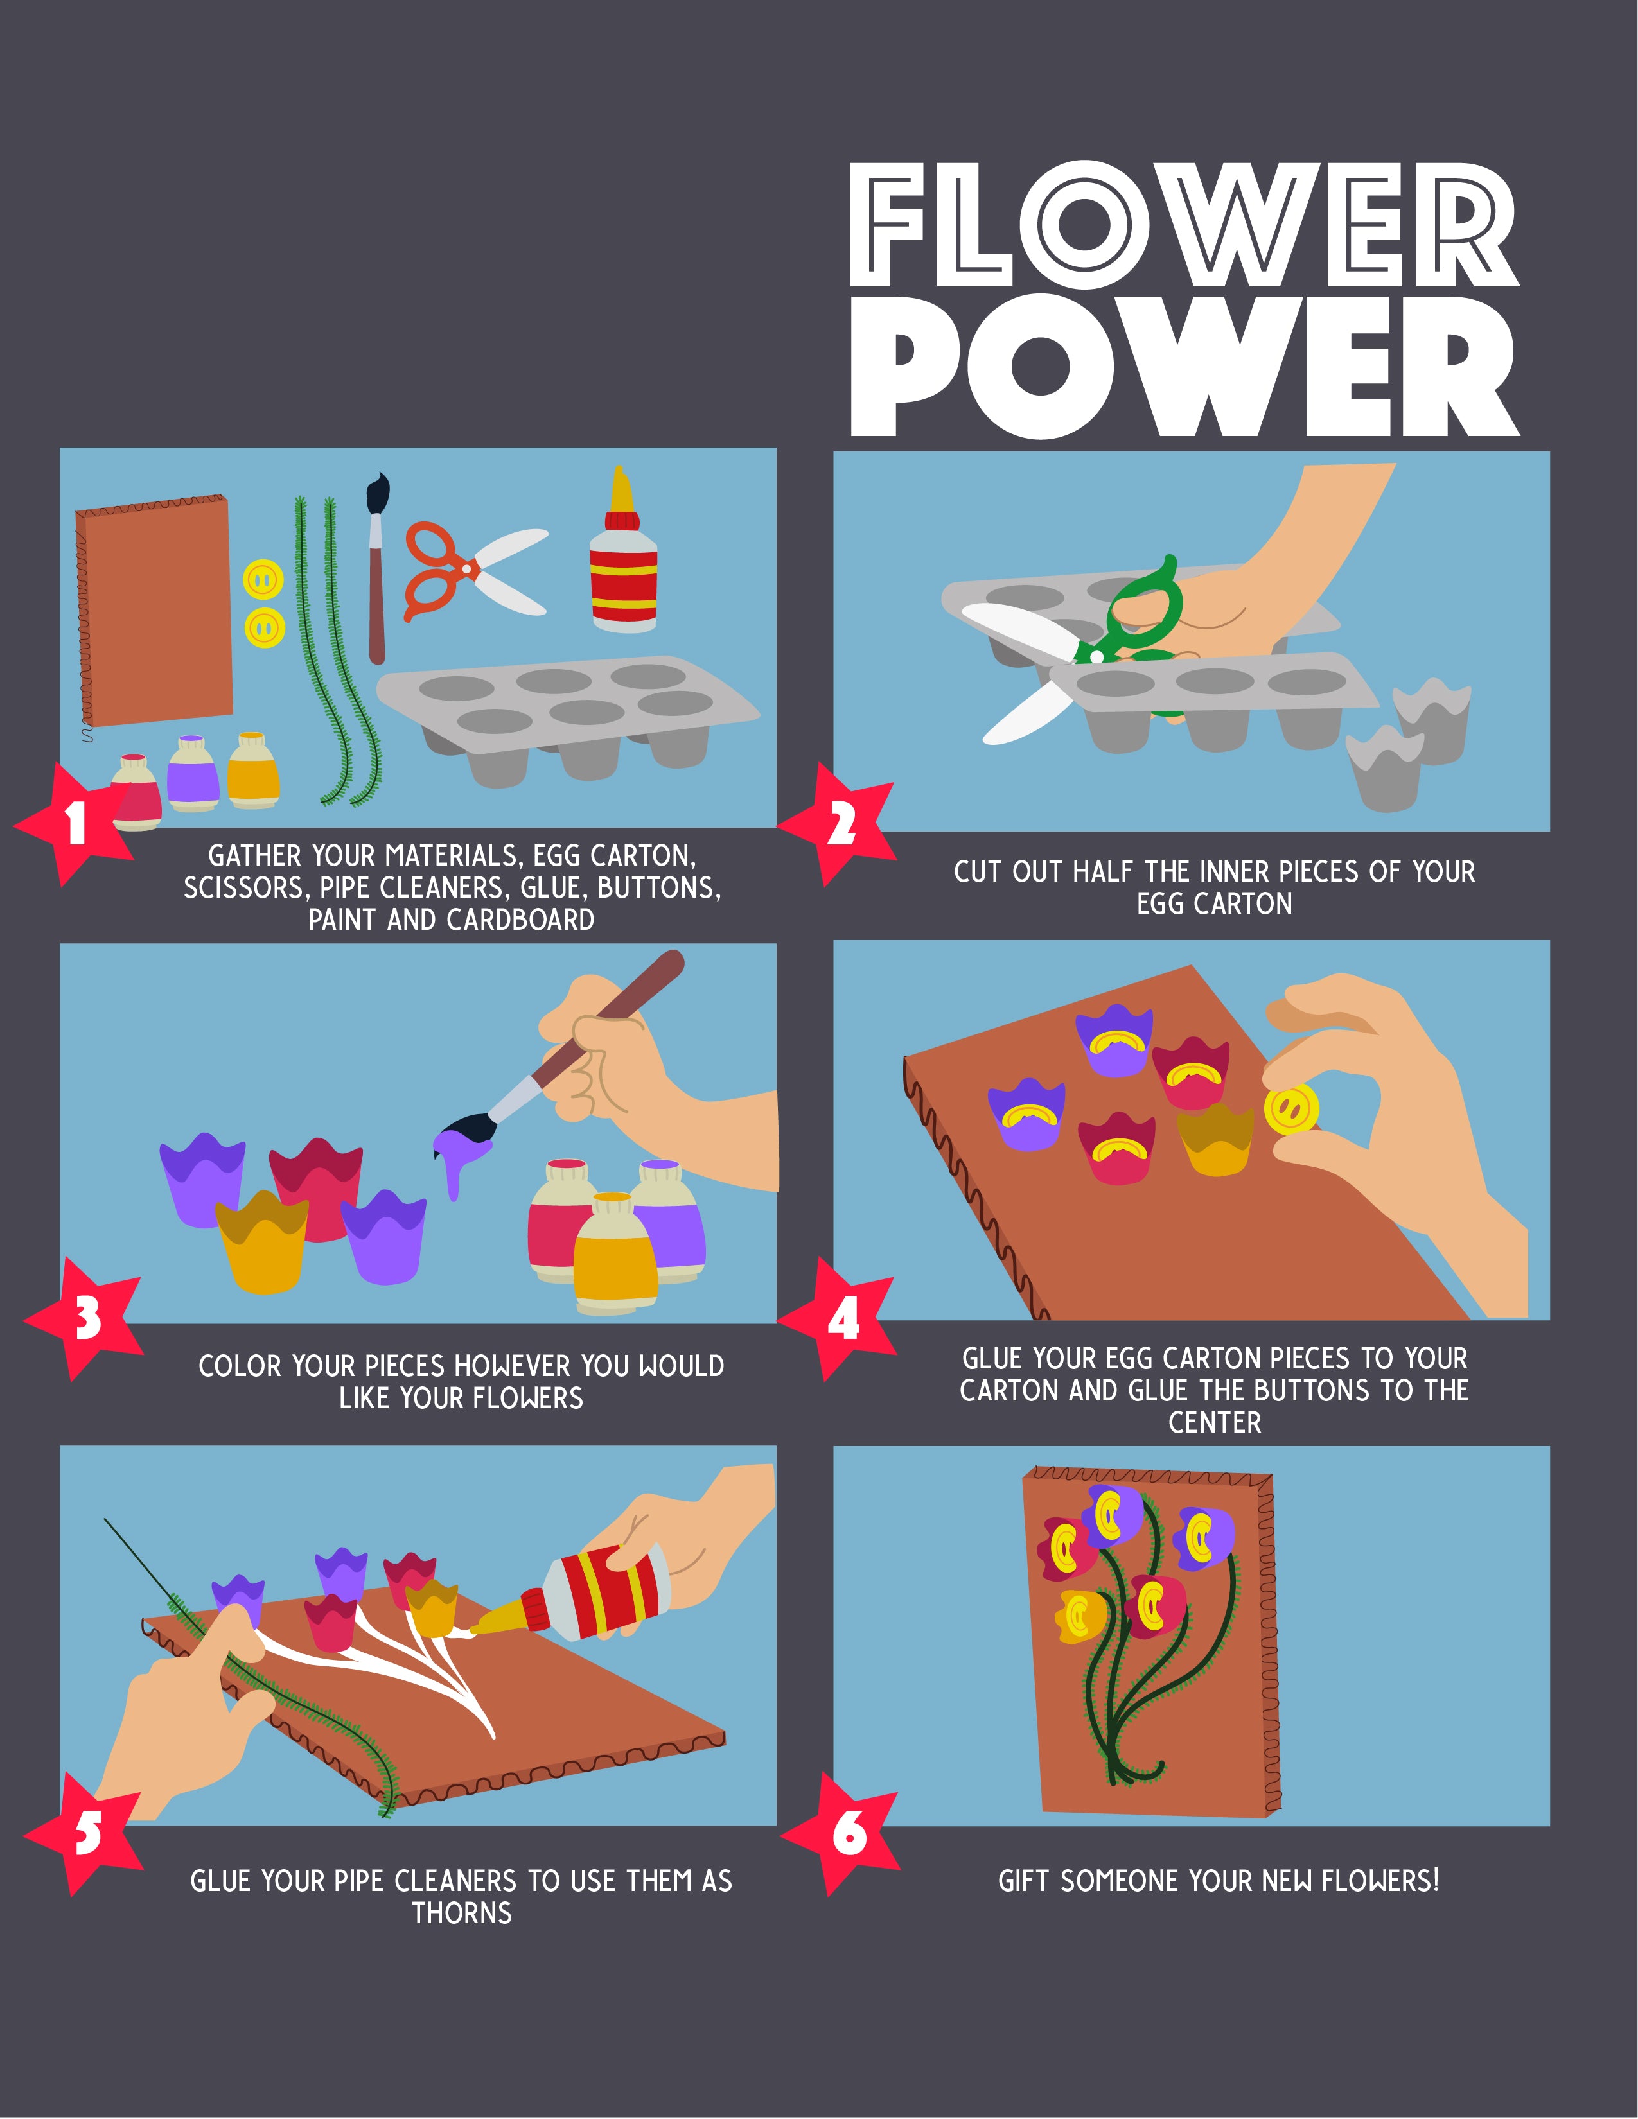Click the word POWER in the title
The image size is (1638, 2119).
pos(1184,367)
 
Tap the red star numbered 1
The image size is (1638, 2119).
pos(76,823)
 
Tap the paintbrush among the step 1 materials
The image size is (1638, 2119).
pos(376,568)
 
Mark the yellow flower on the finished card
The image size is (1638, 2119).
pos(1080,1616)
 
